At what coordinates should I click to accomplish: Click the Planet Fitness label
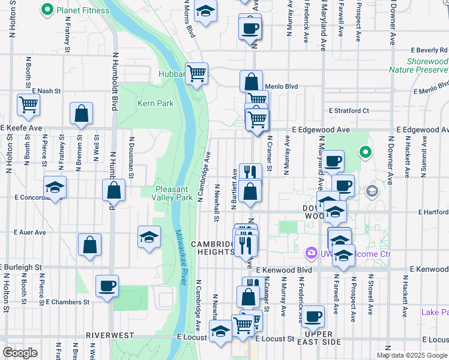click(x=83, y=10)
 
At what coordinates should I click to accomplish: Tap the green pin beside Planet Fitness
click(x=47, y=10)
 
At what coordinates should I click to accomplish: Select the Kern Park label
click(x=155, y=103)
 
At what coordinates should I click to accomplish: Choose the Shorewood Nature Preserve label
click(x=418, y=65)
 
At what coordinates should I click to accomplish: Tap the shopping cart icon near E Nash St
click(x=28, y=104)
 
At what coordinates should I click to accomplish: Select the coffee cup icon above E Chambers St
click(x=107, y=286)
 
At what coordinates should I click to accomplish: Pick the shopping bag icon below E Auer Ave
click(x=89, y=244)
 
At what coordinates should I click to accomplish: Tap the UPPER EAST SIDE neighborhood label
click(x=322, y=338)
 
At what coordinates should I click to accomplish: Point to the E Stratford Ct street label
click(x=348, y=110)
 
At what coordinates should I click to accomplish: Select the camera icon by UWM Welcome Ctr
click(x=311, y=254)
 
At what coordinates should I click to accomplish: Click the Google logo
click(x=20, y=352)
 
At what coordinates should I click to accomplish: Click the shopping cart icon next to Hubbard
click(x=196, y=73)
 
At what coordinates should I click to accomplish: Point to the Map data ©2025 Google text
click(x=412, y=355)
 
